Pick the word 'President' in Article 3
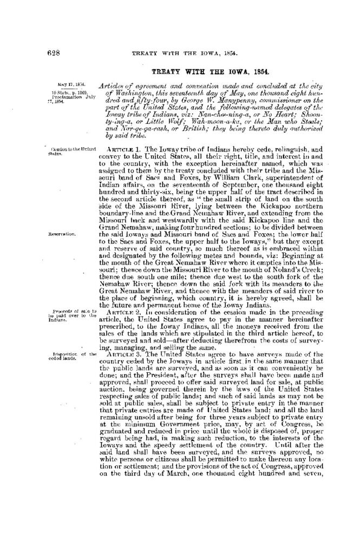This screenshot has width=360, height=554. coord(168,374)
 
